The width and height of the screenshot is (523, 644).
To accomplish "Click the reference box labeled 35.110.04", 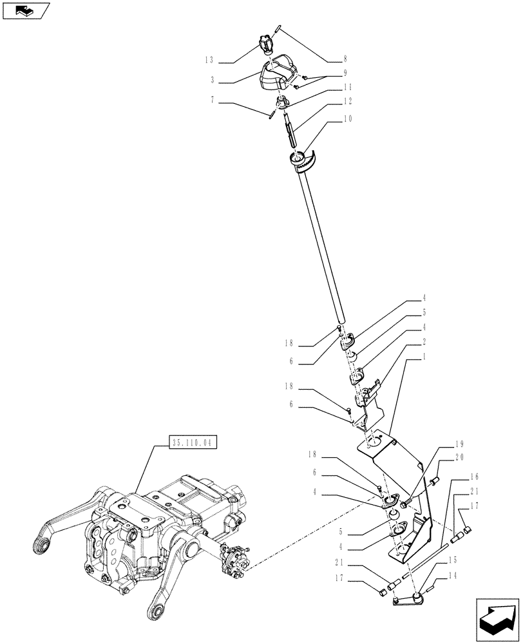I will click(x=193, y=442).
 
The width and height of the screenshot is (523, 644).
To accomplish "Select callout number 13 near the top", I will click(x=209, y=59).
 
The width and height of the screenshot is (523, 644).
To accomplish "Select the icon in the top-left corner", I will click(x=26, y=10).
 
